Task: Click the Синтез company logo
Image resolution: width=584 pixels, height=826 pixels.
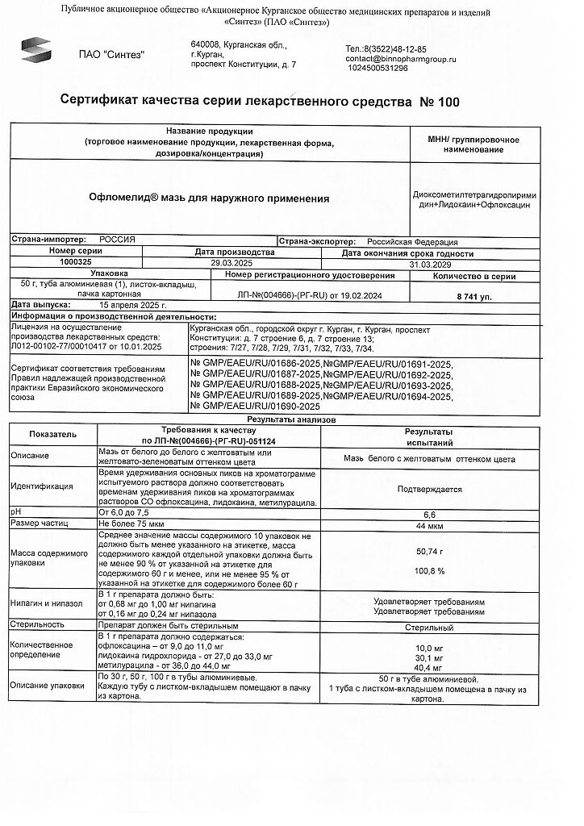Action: tap(36, 52)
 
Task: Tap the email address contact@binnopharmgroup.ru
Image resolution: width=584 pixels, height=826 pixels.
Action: tap(401, 59)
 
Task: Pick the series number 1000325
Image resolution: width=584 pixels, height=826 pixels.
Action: tap(76, 263)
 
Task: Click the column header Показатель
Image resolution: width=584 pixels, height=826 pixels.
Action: tap(53, 434)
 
